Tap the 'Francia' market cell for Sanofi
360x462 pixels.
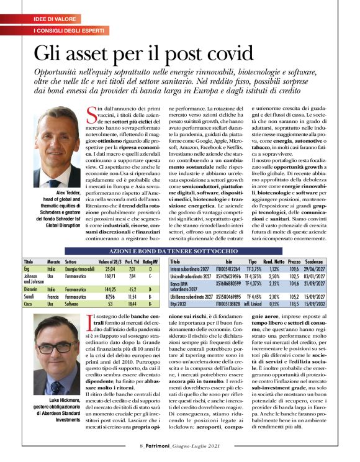[x=55, y=297]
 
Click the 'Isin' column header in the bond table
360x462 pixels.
[x=229, y=261]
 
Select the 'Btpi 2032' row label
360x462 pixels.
[x=180, y=306]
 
